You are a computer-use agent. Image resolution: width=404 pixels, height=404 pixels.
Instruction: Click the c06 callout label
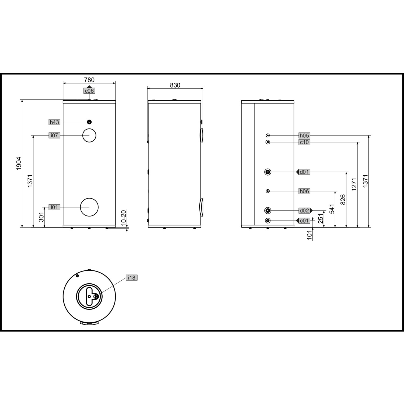coord(89,91)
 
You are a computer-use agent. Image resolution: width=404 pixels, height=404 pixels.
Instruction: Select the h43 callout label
coord(54,122)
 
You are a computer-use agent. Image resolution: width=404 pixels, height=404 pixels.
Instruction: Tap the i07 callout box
coord(54,135)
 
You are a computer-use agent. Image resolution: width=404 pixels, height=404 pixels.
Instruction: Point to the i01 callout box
coord(54,207)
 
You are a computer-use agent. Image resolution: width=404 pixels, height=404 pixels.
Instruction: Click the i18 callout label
coord(132,277)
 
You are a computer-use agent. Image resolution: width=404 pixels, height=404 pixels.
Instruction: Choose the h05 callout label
coord(304,135)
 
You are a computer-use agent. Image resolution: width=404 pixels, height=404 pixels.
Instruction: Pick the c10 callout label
coord(304,142)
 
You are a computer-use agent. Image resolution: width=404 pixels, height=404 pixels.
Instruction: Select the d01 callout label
coord(304,172)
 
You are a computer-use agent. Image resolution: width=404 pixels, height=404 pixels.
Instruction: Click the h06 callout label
coord(304,191)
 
